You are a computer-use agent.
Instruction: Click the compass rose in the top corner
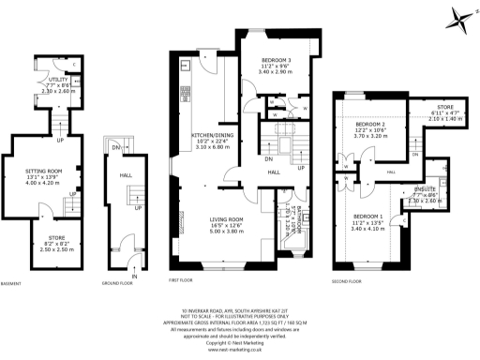pyautogui.click(x=457, y=16)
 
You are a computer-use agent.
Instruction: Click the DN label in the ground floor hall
pyautogui.click(x=115, y=148)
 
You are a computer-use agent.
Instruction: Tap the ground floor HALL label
pyautogui.click(x=126, y=173)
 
